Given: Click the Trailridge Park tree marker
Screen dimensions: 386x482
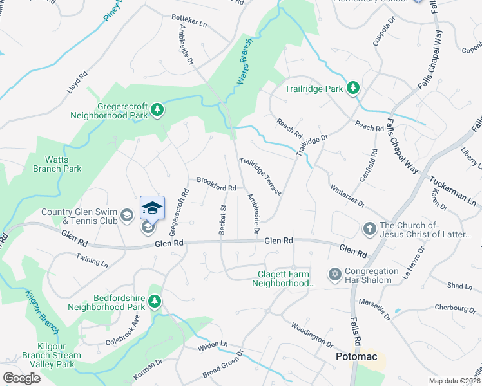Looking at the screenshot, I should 353,87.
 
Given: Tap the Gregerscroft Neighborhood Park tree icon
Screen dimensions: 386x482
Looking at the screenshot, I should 157,111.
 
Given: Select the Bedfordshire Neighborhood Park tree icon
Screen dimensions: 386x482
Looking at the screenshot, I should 154,301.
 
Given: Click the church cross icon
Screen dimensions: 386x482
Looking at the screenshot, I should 369,228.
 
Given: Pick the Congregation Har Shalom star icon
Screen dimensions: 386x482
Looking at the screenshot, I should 334,274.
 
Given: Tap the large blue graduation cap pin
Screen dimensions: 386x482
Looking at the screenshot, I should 152,208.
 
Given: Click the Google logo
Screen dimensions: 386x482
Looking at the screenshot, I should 21,378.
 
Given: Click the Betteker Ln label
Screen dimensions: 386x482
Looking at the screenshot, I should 189,23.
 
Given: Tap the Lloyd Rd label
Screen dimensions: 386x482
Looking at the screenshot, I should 76,84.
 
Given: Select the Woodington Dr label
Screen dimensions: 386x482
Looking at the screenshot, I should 311,335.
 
